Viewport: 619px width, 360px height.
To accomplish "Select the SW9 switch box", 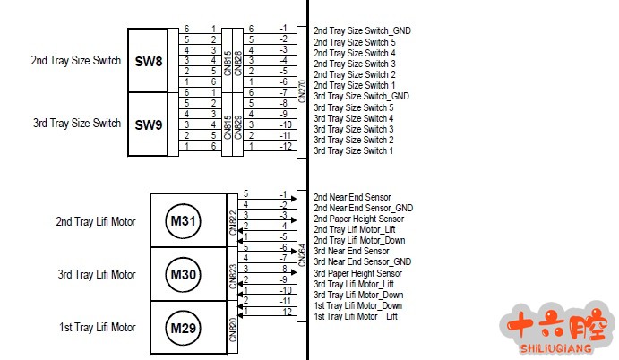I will [x=148, y=124].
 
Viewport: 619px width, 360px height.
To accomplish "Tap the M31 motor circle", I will [x=183, y=221].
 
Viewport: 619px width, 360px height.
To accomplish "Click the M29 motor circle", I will [x=183, y=327].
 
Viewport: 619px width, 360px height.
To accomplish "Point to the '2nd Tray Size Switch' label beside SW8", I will [x=75, y=61].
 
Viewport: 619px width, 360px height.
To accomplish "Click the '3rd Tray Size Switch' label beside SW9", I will [x=75, y=124].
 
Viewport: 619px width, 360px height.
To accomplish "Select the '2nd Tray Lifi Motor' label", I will [x=96, y=221].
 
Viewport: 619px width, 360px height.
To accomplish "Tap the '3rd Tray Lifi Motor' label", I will [x=96, y=274].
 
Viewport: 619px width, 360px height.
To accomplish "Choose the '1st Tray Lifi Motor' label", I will [x=96, y=327].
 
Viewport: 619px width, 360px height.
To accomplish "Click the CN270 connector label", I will [x=302, y=90].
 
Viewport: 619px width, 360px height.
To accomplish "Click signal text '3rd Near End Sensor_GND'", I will [x=362, y=262].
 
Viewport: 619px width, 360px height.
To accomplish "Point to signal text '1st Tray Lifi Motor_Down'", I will [x=358, y=305].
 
